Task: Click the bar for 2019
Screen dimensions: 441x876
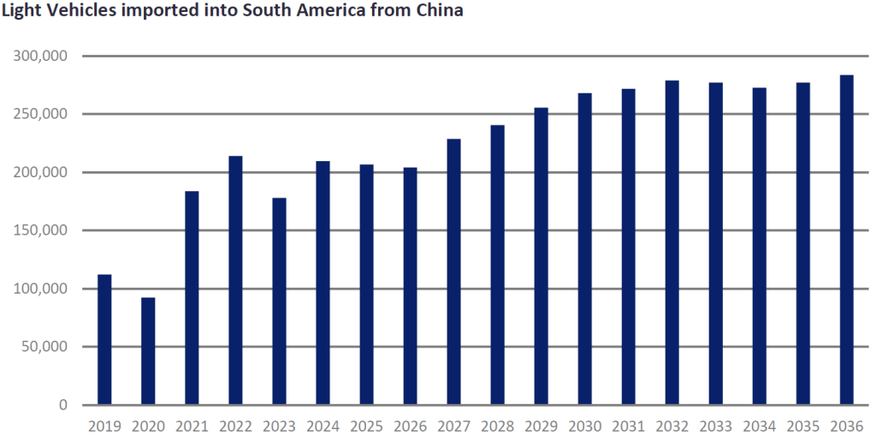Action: pos(104,339)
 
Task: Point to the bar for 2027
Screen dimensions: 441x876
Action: pos(453,271)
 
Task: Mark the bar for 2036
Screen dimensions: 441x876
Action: pos(846,240)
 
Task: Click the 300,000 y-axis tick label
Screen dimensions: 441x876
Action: pos(42,57)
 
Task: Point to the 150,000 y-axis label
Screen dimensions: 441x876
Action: pos(42,230)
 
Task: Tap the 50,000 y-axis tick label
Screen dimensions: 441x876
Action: pos(46,347)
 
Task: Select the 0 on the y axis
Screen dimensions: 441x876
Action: pos(65,405)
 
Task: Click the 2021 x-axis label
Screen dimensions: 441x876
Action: pos(192,426)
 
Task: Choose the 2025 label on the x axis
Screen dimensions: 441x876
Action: pos(366,426)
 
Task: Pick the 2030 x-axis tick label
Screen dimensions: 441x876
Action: pos(584,426)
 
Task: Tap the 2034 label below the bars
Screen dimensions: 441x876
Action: pos(759,426)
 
